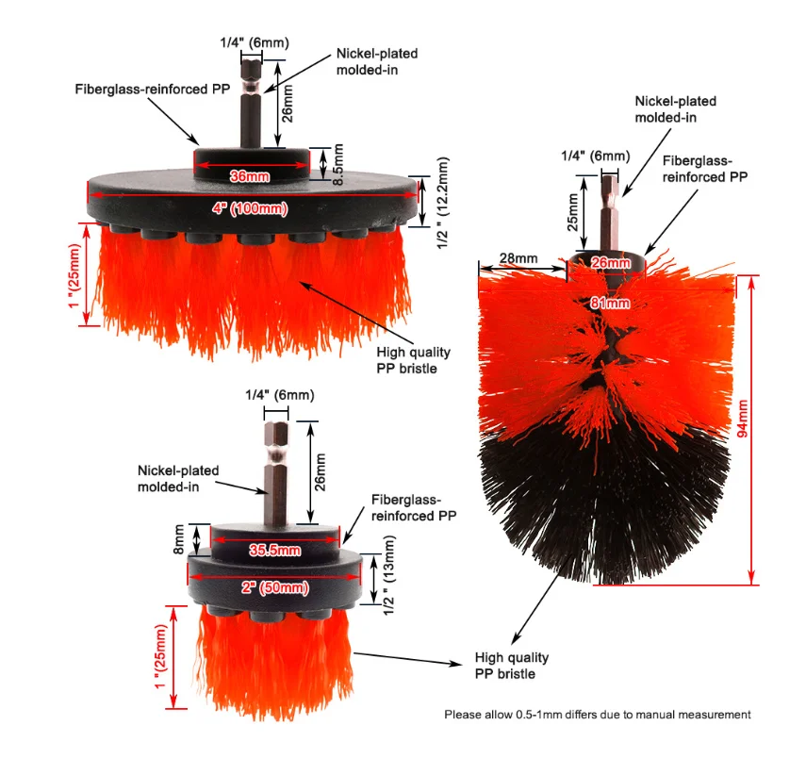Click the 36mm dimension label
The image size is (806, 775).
pyautogui.click(x=251, y=175)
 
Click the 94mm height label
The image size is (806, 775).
pyautogui.click(x=770, y=429)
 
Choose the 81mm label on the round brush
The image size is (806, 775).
pyautogui.click(x=610, y=303)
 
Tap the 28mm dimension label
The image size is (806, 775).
pyautogui.click(x=518, y=258)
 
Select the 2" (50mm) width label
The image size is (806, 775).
pyautogui.click(x=273, y=587)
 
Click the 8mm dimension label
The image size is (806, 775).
pyautogui.click(x=179, y=541)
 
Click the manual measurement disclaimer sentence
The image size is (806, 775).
pyautogui.click(x=598, y=715)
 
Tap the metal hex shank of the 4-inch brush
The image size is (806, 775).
pyautogui.click(x=250, y=104)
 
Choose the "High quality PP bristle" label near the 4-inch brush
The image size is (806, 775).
pyautogui.click(x=414, y=360)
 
